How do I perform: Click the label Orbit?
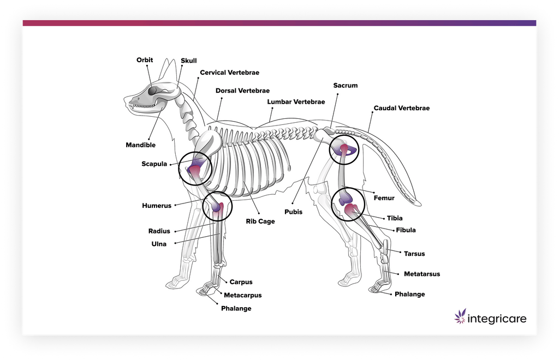click(x=145, y=60)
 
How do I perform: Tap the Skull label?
click(x=189, y=61)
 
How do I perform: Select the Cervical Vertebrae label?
click(x=229, y=72)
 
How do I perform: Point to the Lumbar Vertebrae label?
click(x=296, y=102)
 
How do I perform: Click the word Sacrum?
click(x=346, y=86)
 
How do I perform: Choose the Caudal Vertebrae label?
click(x=401, y=108)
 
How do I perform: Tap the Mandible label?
click(x=140, y=145)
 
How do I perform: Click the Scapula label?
click(x=154, y=164)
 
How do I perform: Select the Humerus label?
click(x=157, y=206)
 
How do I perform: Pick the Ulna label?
click(x=159, y=244)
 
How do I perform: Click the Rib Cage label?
click(x=260, y=221)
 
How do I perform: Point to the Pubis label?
click(x=293, y=212)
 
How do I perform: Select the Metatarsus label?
click(x=421, y=274)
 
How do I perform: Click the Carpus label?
click(x=241, y=282)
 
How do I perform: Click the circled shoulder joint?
click(x=195, y=169)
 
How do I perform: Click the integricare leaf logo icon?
click(x=461, y=316)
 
